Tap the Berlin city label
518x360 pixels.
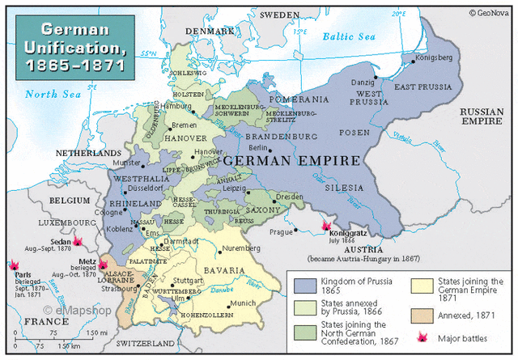click(258, 148)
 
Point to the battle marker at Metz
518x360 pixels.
click(103, 265)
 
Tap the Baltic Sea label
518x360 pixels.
click(349, 36)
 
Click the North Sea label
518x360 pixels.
click(51, 94)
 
